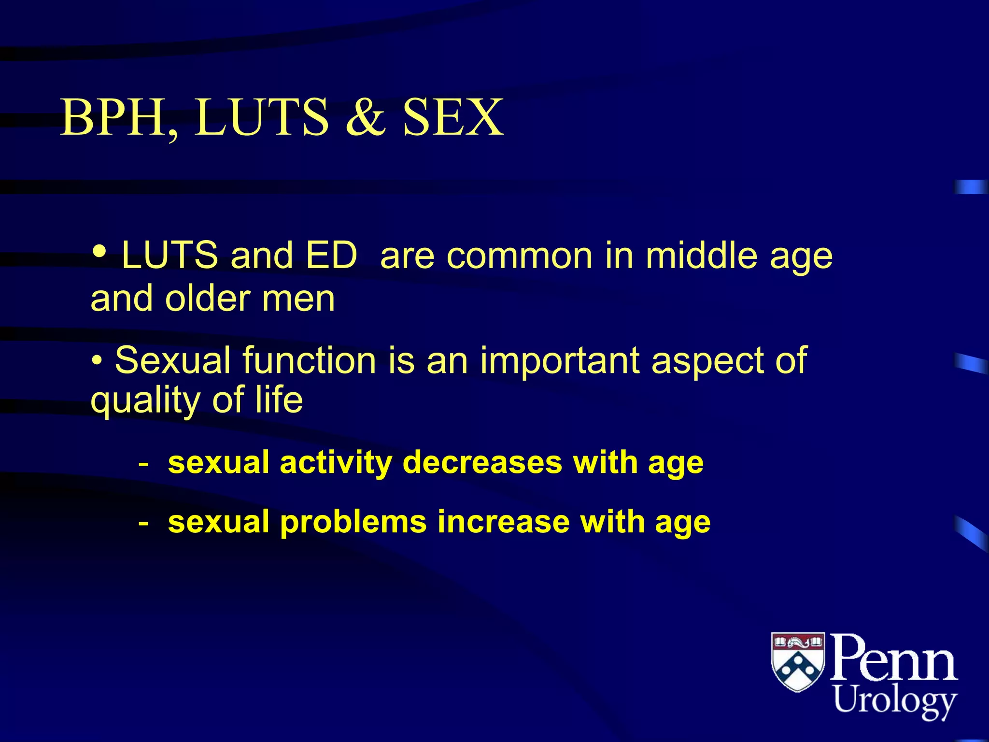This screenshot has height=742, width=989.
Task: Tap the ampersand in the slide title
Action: tap(366, 117)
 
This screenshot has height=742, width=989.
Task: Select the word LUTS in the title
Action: tap(261, 117)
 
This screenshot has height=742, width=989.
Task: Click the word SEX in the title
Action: tap(453, 117)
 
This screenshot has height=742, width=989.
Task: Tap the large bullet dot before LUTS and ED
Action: tap(99, 251)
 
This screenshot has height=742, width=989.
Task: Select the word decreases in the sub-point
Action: tap(482, 463)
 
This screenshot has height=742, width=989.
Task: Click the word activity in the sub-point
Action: tap(336, 463)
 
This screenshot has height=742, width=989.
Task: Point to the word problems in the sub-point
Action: tap(353, 522)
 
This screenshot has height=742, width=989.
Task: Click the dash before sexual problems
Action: tap(143, 523)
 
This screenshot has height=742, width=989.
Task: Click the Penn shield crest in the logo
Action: tap(798, 661)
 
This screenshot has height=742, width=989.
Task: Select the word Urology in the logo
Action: tap(895, 701)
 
